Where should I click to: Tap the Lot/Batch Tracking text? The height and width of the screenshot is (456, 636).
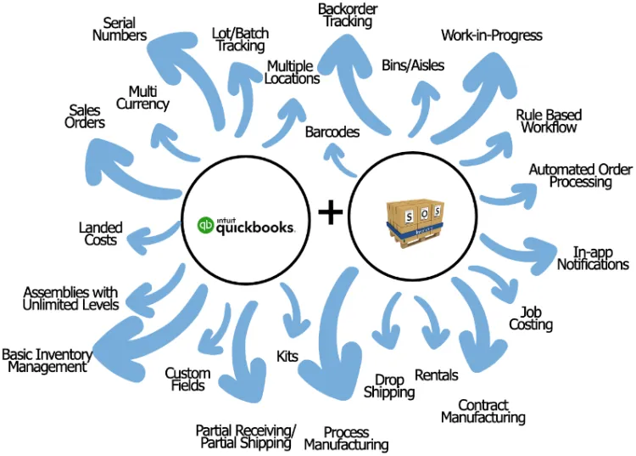241,40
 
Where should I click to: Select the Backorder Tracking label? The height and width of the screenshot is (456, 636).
348,15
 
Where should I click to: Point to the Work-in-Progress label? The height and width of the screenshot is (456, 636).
492,36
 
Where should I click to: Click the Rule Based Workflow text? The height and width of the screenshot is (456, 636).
549,121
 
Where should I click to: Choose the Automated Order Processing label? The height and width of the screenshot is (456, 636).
581,176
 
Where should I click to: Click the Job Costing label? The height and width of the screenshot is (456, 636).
531,318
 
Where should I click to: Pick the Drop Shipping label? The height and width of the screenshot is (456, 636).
389,386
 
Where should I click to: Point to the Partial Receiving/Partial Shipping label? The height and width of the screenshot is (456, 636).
245,436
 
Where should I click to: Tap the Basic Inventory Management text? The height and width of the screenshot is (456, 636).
47,361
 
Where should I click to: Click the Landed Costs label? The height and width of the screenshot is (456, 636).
101,234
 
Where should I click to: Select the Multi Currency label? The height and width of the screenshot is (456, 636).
148,98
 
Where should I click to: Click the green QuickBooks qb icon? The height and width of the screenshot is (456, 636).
204,225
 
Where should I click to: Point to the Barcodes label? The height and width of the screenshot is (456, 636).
332,132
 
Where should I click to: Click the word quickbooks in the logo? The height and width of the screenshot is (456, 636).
254,227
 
